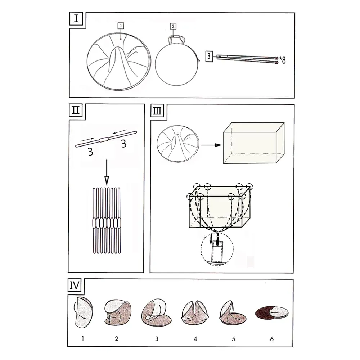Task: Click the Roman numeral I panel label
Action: (76, 18)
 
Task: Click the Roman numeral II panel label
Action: (76, 111)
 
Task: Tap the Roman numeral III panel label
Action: (157, 111)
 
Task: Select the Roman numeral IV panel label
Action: (74, 285)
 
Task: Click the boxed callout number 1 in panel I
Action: (121, 26)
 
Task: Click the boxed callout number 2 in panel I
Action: (173, 26)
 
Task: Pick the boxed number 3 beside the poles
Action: (209, 56)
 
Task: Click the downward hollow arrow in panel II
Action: (107, 172)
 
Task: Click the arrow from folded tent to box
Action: (211, 145)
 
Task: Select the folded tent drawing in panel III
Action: (178, 144)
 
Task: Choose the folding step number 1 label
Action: (83, 338)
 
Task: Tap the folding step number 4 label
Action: (195, 339)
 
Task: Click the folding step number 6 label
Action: (272, 339)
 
